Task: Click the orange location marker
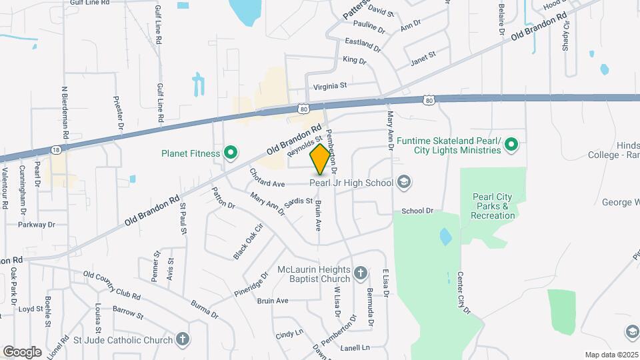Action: click(x=320, y=159)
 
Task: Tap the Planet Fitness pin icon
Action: click(x=231, y=154)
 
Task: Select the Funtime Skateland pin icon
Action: click(x=511, y=145)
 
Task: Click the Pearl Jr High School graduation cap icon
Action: click(x=403, y=182)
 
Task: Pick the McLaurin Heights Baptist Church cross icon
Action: click(x=361, y=272)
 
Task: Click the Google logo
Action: click(x=22, y=351)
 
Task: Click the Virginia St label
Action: click(x=330, y=86)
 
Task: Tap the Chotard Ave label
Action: click(x=267, y=178)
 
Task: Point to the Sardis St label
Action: click(x=299, y=201)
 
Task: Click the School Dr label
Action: click(x=417, y=211)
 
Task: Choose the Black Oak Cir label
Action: click(x=239, y=241)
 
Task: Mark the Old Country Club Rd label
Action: click(x=112, y=285)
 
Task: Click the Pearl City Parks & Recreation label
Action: click(x=493, y=206)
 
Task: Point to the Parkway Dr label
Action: click(x=37, y=225)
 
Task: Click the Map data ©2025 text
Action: click(x=611, y=355)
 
